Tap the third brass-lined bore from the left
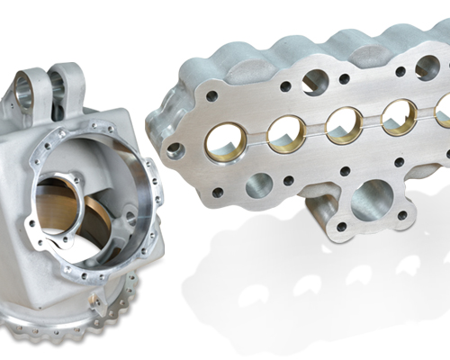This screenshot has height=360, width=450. (x=343, y=124)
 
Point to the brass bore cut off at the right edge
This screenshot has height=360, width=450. (x=443, y=110)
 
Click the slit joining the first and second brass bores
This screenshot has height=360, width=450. (x=257, y=136)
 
